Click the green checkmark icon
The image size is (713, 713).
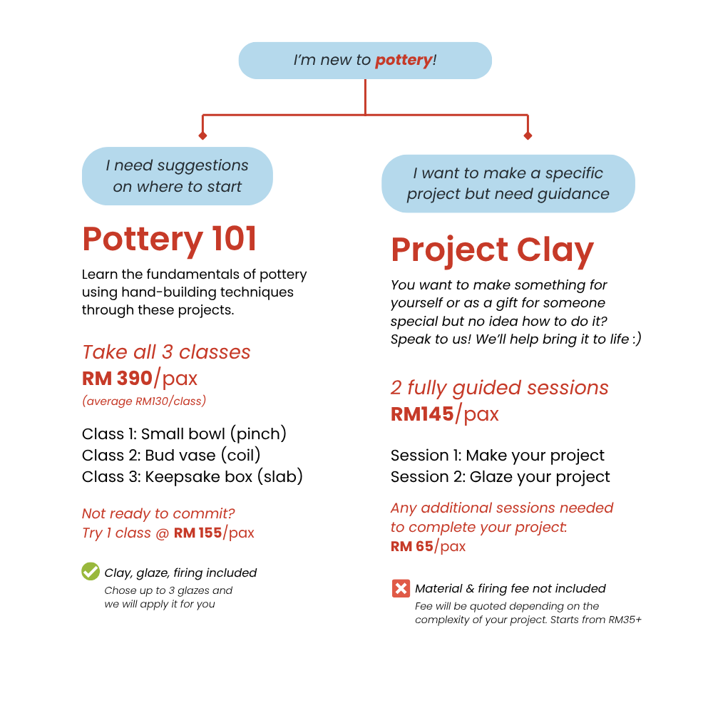[x=91, y=571]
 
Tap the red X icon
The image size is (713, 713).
[x=401, y=588]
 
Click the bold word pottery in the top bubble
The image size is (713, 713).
[x=404, y=60]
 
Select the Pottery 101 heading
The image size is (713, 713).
[x=170, y=240]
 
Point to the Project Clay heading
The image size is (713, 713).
[x=493, y=250]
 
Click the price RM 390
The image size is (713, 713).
[x=117, y=379]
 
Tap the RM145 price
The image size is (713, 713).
[x=422, y=414]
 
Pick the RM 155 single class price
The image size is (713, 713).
[x=198, y=533]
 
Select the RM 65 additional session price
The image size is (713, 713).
[x=412, y=546]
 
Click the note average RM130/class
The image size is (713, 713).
[x=144, y=401]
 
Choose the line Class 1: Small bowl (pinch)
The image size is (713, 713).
[x=184, y=434]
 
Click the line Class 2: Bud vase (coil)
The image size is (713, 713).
[x=171, y=455]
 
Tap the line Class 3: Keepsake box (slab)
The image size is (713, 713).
[x=193, y=476]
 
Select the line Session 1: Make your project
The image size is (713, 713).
[x=498, y=456]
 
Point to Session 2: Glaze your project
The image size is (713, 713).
[x=501, y=477]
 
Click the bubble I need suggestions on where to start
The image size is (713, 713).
[x=178, y=176]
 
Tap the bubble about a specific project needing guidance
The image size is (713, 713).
[x=508, y=184]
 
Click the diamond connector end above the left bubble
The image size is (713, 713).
[x=202, y=135]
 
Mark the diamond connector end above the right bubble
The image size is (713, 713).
[x=528, y=135]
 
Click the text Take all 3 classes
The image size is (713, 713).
[x=166, y=352]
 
